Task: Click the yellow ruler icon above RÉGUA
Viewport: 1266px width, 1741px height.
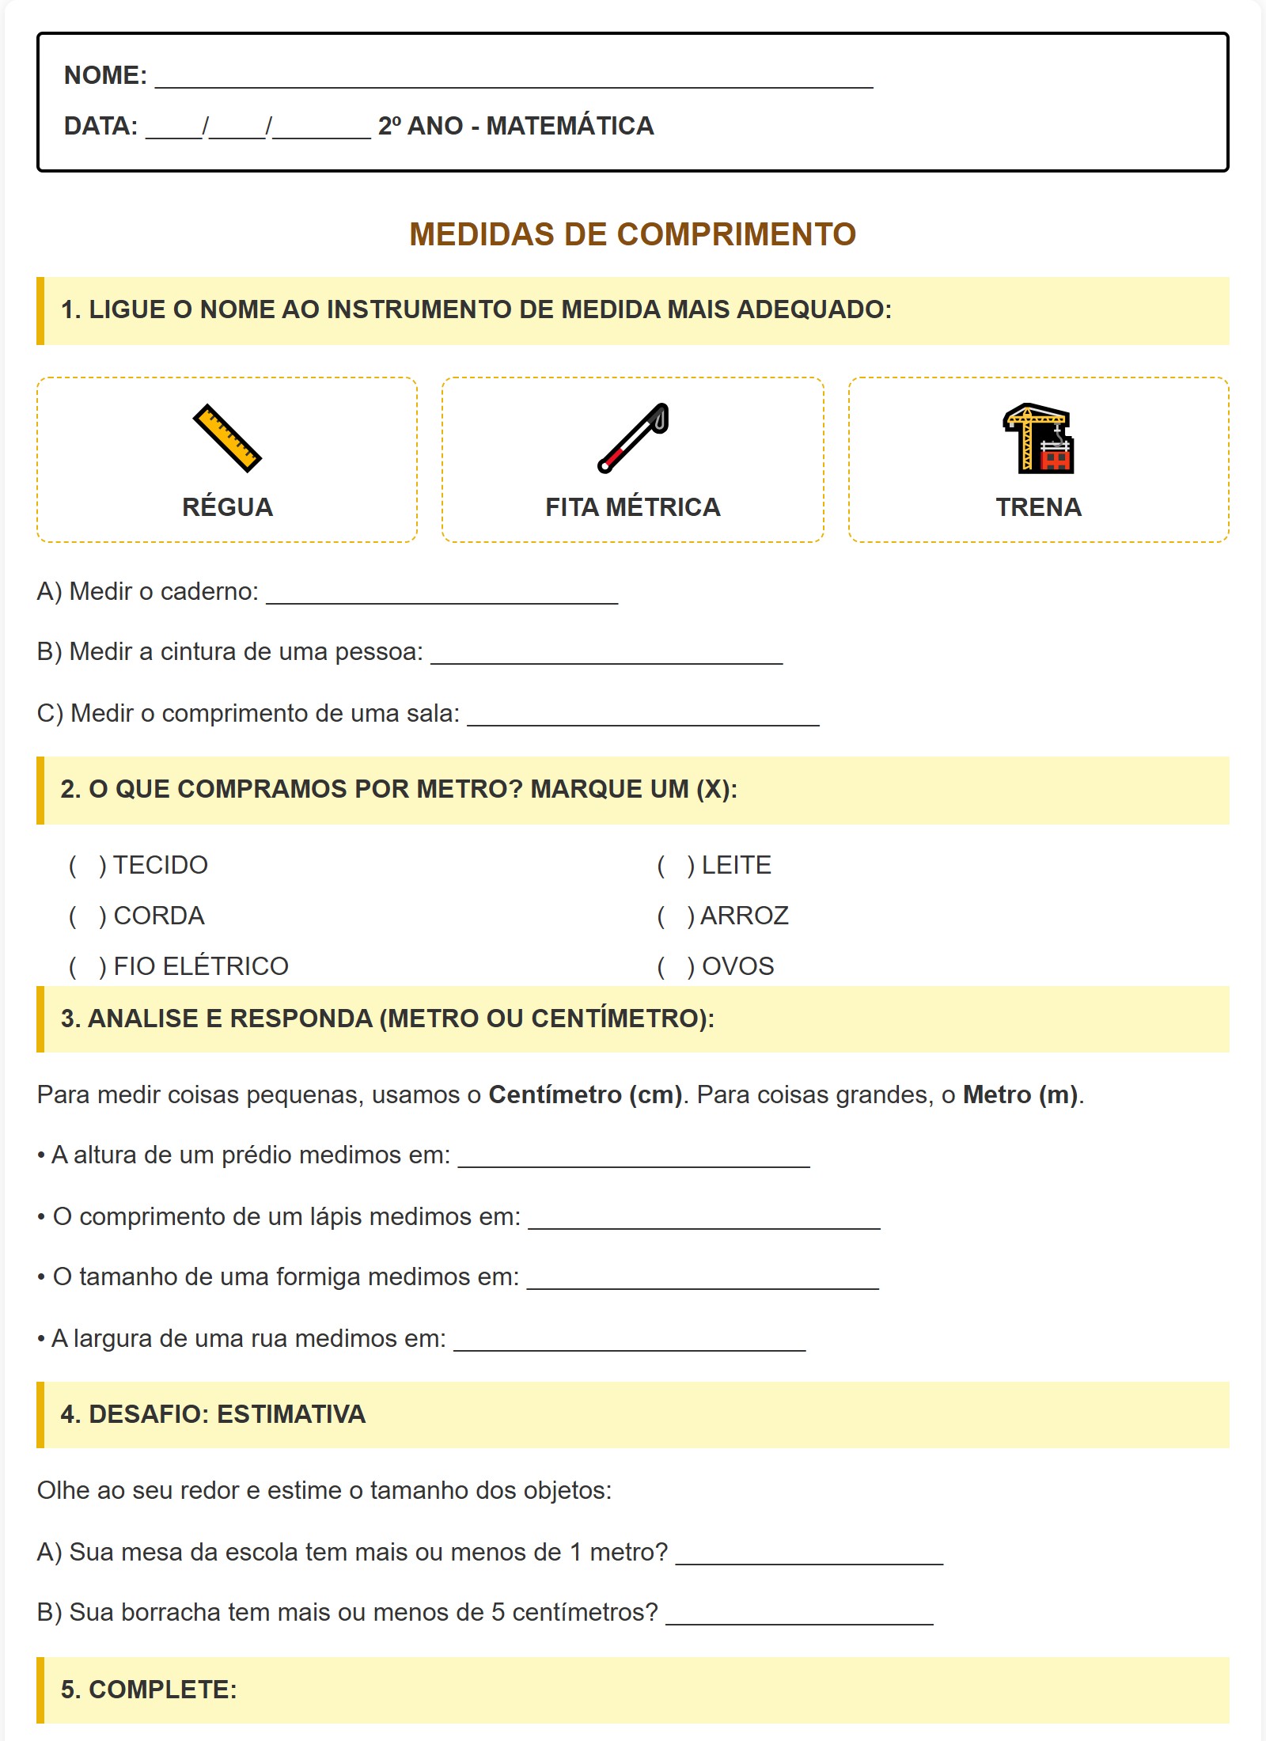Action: coord(227,438)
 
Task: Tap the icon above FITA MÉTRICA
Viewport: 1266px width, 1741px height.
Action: coord(633,438)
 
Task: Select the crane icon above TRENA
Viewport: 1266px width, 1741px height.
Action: coord(1038,438)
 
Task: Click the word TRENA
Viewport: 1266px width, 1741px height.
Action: coord(1038,507)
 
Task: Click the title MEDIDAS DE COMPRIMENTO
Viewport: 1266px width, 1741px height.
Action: coord(632,234)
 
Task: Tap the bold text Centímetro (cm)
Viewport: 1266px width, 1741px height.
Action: coord(585,1095)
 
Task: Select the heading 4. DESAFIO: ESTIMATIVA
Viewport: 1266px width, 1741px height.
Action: coord(213,1415)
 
